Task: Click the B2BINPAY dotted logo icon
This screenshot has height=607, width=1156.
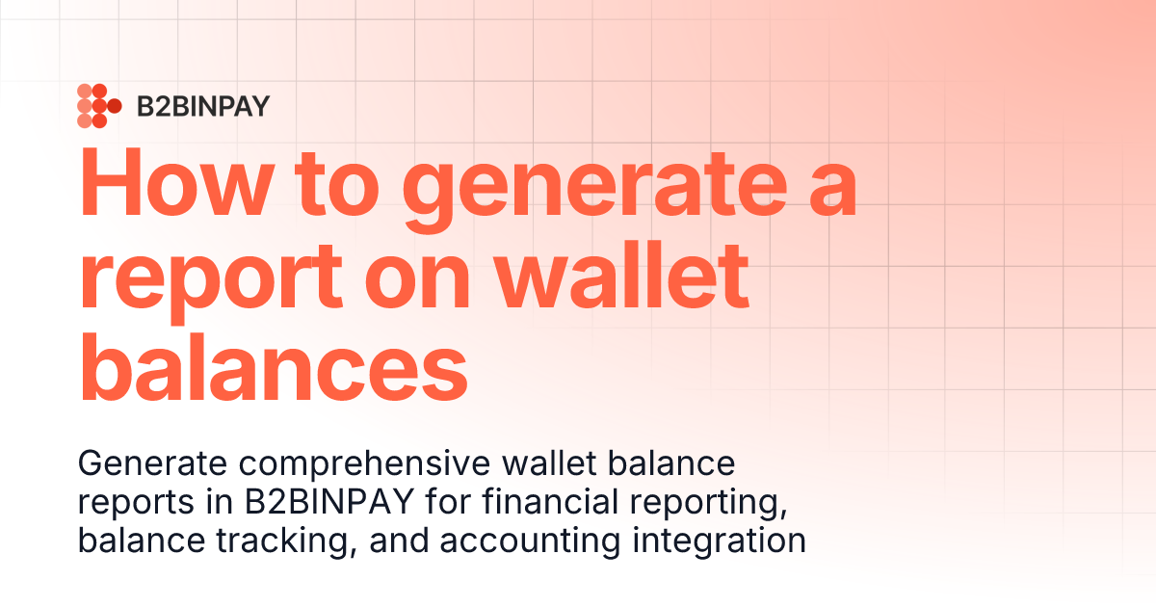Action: pos(98,106)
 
